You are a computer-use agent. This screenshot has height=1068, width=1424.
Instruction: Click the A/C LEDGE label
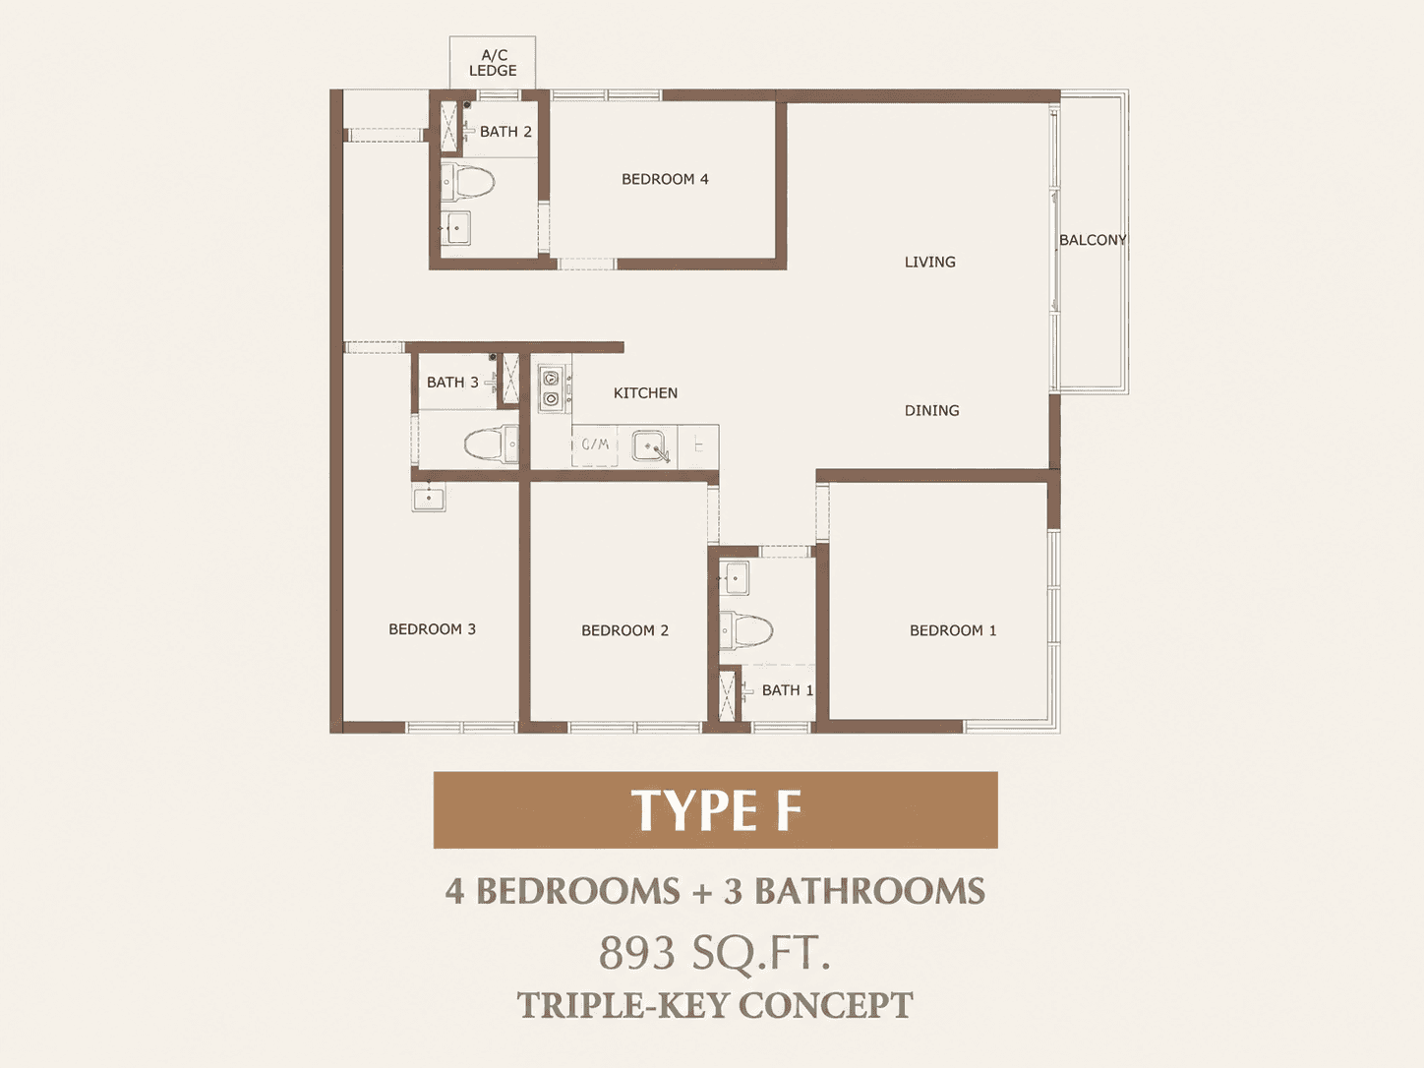point(493,63)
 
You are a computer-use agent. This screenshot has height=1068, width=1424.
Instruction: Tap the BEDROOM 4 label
point(665,179)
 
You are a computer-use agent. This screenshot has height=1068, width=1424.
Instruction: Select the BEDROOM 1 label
point(952,630)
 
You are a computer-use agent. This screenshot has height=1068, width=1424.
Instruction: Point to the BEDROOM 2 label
point(624,630)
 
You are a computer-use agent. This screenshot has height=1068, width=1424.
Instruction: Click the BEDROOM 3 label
point(432,629)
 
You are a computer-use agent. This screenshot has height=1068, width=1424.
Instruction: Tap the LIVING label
point(929,262)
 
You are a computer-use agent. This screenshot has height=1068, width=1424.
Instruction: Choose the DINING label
point(931,410)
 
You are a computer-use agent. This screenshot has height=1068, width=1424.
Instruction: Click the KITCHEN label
point(645,393)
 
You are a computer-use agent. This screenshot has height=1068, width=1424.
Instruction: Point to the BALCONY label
point(1093,240)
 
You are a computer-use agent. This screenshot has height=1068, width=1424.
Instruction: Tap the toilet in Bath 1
point(746,629)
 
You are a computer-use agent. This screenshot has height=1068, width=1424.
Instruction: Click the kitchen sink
point(651,446)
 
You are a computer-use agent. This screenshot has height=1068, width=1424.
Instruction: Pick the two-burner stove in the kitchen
point(552,388)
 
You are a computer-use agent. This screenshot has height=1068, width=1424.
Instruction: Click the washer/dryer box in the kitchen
point(594,445)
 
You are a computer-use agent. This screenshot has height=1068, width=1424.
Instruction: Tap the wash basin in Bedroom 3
point(428,498)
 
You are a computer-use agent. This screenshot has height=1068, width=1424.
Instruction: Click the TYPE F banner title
point(716,810)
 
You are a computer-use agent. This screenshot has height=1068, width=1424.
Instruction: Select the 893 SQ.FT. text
point(714,953)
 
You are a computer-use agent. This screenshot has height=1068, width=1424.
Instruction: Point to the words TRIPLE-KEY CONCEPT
point(715,1006)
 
